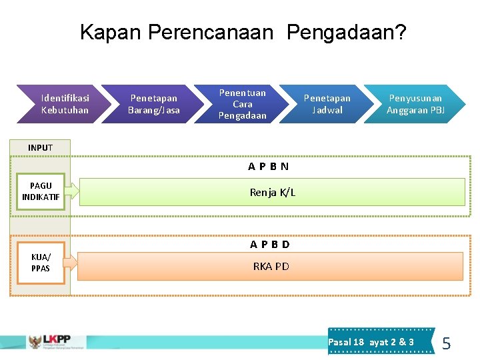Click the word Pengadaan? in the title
click(x=347, y=32)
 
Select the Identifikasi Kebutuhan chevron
click(x=65, y=104)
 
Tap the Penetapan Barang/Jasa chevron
click(x=154, y=104)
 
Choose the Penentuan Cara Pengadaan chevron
click(x=243, y=104)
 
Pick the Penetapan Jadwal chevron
click(x=327, y=104)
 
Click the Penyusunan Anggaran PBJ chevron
click(x=415, y=104)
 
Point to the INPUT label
click(x=40, y=147)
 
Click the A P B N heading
click(x=269, y=166)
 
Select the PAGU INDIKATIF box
click(x=41, y=191)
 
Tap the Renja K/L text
click(x=273, y=193)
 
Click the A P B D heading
click(x=270, y=244)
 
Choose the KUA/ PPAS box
click(x=40, y=263)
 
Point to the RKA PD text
click(x=271, y=267)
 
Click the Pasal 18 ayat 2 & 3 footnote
click(x=371, y=342)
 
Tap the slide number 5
click(x=447, y=344)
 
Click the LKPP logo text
click(x=57, y=339)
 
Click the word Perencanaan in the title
click(x=211, y=32)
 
